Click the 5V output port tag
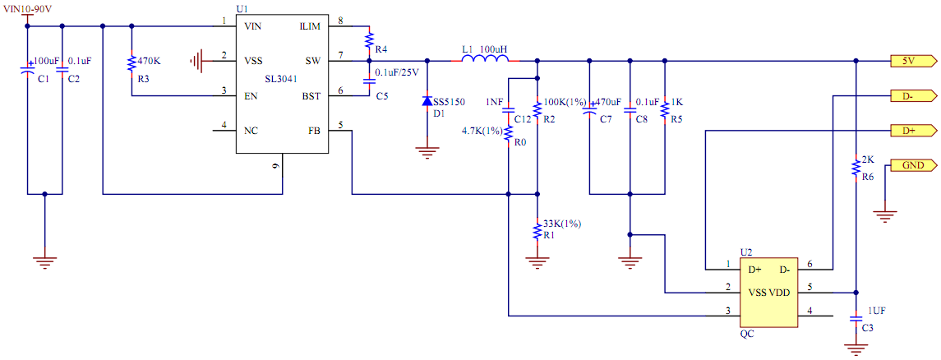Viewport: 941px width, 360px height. click(x=911, y=61)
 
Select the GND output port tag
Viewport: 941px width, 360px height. click(x=911, y=165)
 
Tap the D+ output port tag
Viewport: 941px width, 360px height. click(x=911, y=130)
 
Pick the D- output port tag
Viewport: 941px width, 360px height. click(x=911, y=95)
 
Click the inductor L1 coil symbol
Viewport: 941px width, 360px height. click(x=486, y=60)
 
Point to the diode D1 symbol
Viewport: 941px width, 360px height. click(x=427, y=101)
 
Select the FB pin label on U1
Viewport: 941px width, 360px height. click(x=314, y=130)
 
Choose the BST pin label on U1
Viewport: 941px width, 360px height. click(x=311, y=96)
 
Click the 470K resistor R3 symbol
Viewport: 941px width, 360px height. click(x=131, y=63)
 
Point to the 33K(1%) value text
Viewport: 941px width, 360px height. click(x=561, y=224)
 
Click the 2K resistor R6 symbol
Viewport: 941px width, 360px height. click(x=856, y=167)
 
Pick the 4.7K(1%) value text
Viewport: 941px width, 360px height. click(x=482, y=131)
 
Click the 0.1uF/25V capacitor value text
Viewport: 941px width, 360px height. click(x=397, y=73)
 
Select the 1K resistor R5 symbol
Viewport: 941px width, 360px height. click(x=664, y=110)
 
